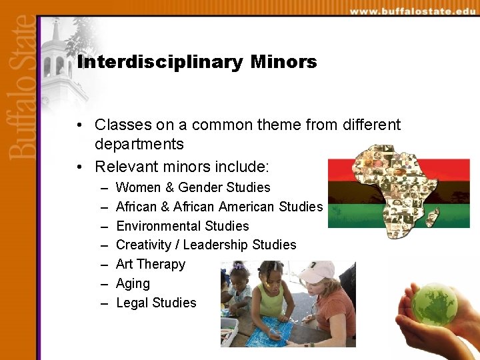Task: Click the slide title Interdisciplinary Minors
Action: click(x=197, y=63)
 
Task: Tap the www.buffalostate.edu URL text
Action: click(x=413, y=11)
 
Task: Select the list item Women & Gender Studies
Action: click(x=193, y=187)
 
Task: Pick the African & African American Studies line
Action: click(x=219, y=207)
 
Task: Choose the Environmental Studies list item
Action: click(x=182, y=226)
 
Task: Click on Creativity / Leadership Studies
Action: click(x=205, y=245)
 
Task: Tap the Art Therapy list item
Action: click(x=150, y=264)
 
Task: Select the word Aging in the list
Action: click(x=133, y=283)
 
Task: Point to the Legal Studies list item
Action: click(x=156, y=303)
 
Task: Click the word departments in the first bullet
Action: click(x=139, y=145)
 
